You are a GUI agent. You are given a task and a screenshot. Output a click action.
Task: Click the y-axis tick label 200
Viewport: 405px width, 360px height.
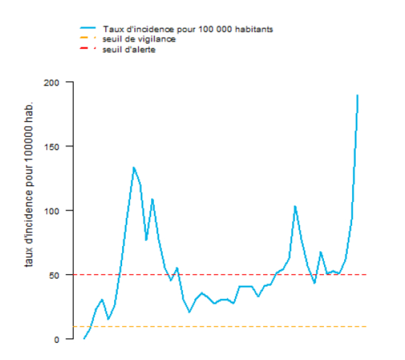53,82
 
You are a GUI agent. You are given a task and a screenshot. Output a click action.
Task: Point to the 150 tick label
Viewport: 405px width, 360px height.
53,146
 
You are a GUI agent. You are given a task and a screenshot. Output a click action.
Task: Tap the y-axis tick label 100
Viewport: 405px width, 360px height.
53,211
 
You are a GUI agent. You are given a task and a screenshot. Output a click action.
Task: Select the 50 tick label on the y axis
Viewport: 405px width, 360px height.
55,275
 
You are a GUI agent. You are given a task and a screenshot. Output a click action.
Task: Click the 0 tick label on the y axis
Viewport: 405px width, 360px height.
57,339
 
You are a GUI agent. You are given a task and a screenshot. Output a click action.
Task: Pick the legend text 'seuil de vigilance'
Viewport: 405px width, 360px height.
139,39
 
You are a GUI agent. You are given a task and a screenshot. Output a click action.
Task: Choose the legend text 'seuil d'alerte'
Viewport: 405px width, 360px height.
132,50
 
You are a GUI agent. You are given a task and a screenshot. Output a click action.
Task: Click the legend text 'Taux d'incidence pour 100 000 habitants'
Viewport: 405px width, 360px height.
188,29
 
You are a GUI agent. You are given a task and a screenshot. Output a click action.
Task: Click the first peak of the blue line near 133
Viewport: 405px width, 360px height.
134,168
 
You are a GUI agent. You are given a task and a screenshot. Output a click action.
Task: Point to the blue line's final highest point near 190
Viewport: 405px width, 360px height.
357,95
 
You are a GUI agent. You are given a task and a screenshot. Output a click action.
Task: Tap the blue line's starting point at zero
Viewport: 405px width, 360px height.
84,338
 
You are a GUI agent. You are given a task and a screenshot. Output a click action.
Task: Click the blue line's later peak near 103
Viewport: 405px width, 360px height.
295,206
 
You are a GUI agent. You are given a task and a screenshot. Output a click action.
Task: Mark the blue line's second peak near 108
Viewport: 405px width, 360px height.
152,199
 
